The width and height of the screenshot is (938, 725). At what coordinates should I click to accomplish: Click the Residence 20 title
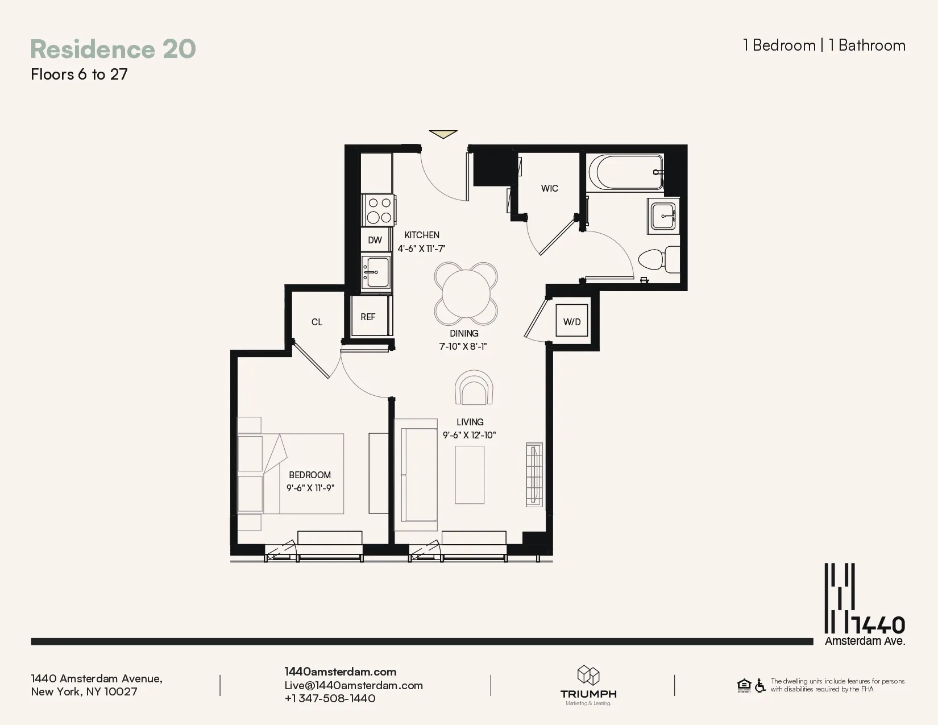(113, 49)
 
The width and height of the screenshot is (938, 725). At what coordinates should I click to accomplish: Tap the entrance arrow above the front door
(443, 134)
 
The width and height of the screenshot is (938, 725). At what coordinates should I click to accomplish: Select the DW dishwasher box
(375, 240)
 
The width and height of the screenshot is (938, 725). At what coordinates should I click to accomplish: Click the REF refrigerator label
(368, 317)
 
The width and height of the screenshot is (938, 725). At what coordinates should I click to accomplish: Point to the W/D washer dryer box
(571, 321)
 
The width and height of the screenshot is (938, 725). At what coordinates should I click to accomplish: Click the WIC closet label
(549, 188)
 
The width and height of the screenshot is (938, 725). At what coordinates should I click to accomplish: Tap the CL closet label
(317, 322)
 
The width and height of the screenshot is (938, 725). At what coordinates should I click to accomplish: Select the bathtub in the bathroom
(625, 172)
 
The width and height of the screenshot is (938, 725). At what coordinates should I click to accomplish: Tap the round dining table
(466, 293)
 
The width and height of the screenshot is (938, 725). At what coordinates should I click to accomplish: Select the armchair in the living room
(474, 388)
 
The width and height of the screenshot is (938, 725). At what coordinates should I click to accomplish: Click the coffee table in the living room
(470, 475)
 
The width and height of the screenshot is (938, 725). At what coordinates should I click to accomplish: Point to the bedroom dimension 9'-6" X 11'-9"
(310, 488)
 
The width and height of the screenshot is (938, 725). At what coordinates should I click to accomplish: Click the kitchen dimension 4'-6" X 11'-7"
(421, 248)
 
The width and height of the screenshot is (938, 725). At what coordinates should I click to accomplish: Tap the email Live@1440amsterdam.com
(354, 685)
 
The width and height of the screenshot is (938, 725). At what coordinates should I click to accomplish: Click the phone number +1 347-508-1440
(330, 698)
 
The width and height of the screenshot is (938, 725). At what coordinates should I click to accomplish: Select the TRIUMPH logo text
(588, 694)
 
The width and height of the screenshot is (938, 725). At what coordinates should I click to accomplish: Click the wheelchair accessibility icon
(760, 685)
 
